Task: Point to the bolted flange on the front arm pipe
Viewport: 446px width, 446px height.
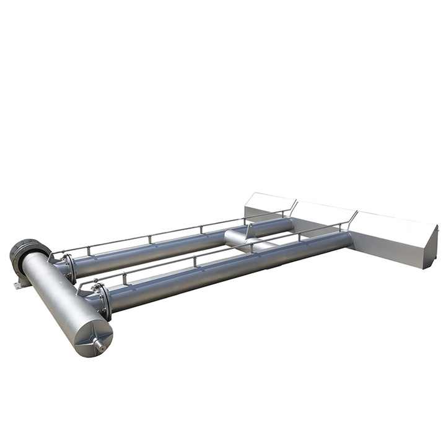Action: pos(101,299)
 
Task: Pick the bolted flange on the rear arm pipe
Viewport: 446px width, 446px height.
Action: pos(67,266)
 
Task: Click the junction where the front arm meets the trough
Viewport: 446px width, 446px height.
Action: pos(344,239)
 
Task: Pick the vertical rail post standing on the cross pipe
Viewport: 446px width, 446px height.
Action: pos(247,230)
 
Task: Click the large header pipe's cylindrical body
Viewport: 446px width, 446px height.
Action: pos(56,291)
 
